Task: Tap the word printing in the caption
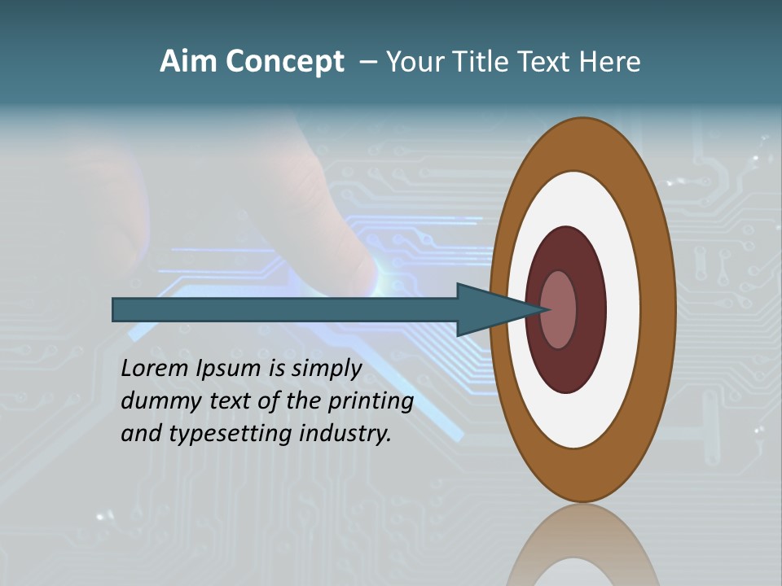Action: [x=371, y=400]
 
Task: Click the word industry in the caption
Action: [x=345, y=433]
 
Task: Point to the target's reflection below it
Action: [x=582, y=549]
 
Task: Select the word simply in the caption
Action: [x=326, y=368]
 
